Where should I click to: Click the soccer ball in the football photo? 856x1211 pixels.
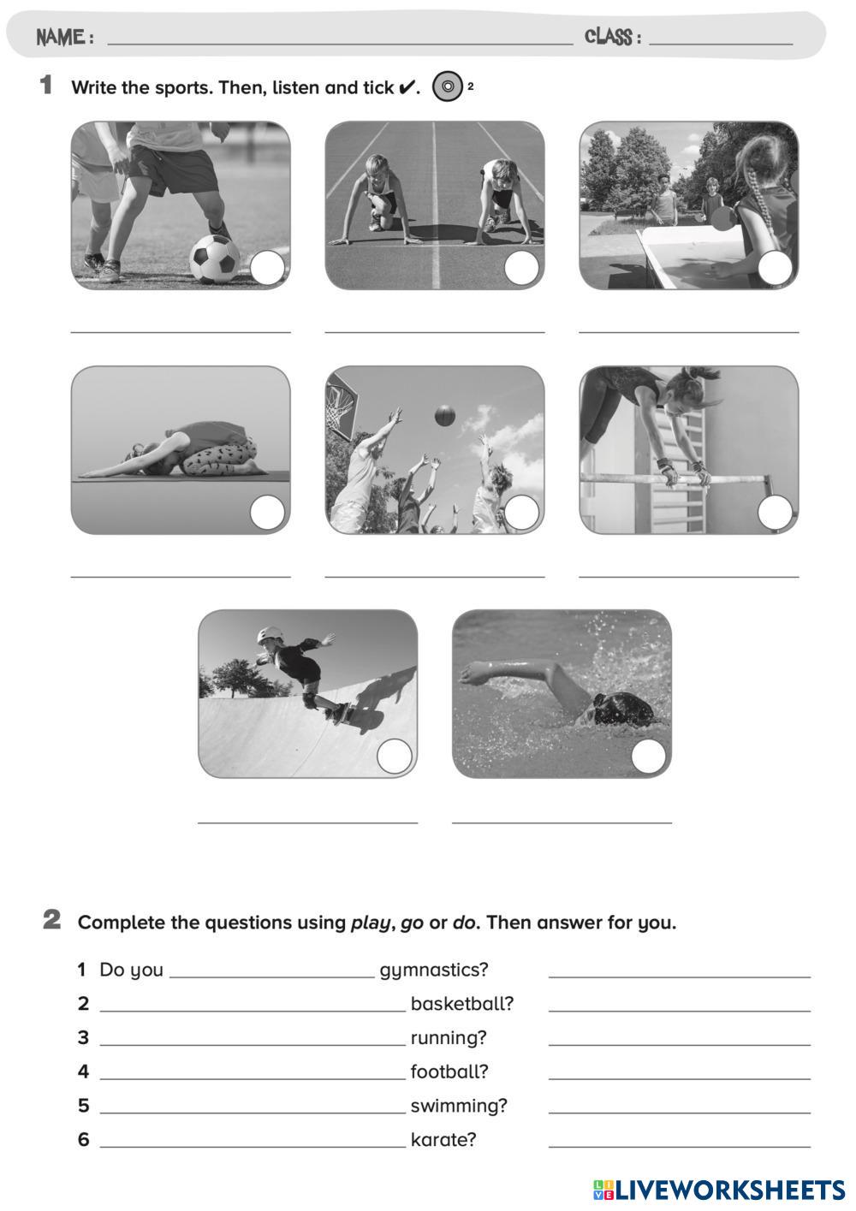pos(215,259)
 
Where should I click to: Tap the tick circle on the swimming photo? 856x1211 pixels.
pos(648,756)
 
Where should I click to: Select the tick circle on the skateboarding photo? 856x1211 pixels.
pos(395,756)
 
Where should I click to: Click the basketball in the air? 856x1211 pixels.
pos(444,415)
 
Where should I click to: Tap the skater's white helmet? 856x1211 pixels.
pos(270,634)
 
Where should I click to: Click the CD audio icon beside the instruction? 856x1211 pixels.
pos(447,86)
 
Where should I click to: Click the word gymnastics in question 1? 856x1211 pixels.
pos(434,970)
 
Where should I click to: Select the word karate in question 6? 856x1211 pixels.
pos(443,1140)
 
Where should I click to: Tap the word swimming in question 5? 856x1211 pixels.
pos(459,1106)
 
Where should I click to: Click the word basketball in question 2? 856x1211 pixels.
pos(462,1003)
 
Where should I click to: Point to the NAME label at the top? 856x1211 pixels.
pos(65,37)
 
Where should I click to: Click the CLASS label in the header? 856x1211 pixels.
pos(613,37)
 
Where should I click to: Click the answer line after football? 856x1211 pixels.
pos(680,1079)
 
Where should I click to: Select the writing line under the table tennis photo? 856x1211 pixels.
pos(688,332)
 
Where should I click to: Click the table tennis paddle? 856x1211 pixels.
pos(722,219)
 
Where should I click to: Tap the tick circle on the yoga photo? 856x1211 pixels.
pos(267,512)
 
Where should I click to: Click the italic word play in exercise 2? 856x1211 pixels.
pos(371,923)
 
